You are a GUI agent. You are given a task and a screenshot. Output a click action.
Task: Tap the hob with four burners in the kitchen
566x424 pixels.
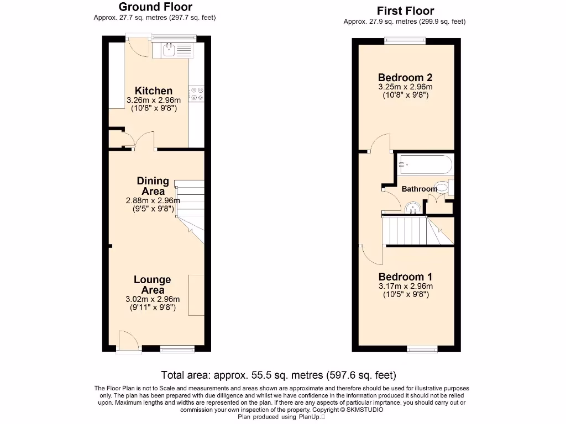pyautogui.click(x=196, y=94)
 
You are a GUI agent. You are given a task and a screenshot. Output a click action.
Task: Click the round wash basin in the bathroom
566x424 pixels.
pyautogui.click(x=412, y=208)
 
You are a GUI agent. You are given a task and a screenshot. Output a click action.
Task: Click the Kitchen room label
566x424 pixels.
pyautogui.click(x=154, y=91)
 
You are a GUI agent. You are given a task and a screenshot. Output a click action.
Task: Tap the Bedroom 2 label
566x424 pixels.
pyautogui.click(x=405, y=77)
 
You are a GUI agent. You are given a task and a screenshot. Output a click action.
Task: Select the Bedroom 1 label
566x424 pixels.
pyautogui.click(x=405, y=277)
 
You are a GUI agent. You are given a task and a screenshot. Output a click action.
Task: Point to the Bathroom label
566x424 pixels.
pyautogui.click(x=419, y=189)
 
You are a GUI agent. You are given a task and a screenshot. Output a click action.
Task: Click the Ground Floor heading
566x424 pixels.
pyautogui.click(x=155, y=7)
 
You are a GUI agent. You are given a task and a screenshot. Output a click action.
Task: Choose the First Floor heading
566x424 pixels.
pyautogui.click(x=405, y=11)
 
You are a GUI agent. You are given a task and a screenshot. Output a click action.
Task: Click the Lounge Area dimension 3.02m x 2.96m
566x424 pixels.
pyautogui.click(x=153, y=299)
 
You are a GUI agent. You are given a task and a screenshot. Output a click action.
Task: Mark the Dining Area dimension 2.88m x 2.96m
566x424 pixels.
pyautogui.click(x=153, y=200)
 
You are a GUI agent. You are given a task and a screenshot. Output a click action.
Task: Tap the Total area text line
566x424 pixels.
pyautogui.click(x=278, y=375)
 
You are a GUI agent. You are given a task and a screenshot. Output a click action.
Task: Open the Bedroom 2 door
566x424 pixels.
pyautogui.click(x=380, y=144)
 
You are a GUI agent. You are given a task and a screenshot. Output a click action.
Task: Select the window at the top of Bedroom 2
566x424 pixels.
pyautogui.click(x=405, y=39)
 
